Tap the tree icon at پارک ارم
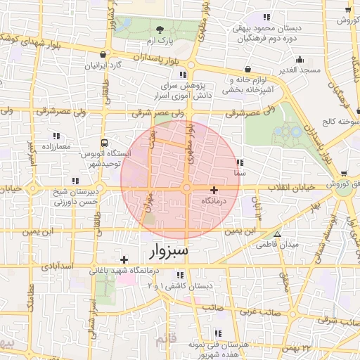pyautogui.click(x=160, y=30)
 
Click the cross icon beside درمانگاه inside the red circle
pyautogui.click(x=214, y=190)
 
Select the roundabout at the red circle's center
pyautogui.click(x=187, y=189)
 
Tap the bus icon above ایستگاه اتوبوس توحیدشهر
pyautogui.click(x=105, y=142)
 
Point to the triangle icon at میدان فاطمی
pyautogui.click(x=278, y=234)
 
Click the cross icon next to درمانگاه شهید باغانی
pyautogui.click(x=124, y=259)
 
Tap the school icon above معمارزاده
pyautogui.click(x=56, y=135)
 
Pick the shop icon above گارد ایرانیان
pyautogui.click(x=103, y=54)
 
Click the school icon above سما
pyautogui.click(x=240, y=161)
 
